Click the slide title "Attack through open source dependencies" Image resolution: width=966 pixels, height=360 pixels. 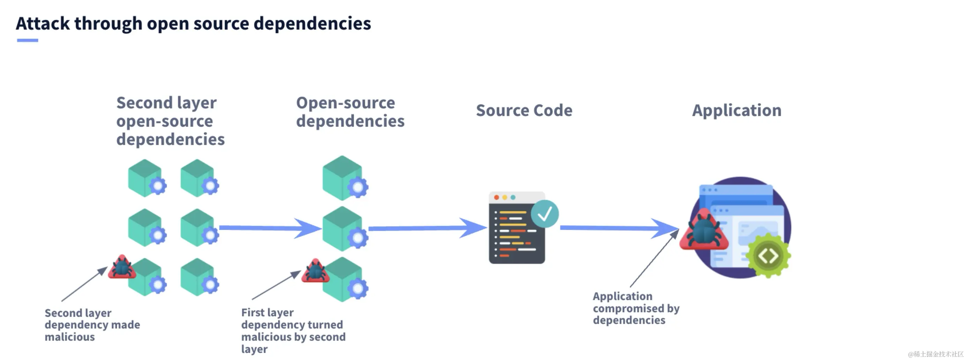coord(194,24)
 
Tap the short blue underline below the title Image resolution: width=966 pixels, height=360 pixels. coord(27,40)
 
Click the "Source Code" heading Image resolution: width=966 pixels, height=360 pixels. coord(524,110)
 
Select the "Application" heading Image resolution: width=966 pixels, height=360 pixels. coord(737,111)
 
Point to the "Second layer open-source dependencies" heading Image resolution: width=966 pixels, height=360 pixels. coord(170,121)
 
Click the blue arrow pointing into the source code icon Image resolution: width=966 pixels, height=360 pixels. coord(428,228)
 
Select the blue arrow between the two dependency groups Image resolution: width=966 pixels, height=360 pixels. coord(270,228)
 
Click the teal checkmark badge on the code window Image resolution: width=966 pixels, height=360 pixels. coord(545,214)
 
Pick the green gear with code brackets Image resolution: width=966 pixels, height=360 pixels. coord(768,256)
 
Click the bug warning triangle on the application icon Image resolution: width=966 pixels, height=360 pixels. coord(704,230)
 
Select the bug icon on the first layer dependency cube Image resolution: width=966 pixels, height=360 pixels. coord(315,270)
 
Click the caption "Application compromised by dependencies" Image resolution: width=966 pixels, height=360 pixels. coord(636,308)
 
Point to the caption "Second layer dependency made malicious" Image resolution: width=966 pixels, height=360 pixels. coord(92,325)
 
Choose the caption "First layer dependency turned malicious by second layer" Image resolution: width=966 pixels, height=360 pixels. coord(293,331)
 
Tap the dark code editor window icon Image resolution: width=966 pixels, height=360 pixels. coord(517,228)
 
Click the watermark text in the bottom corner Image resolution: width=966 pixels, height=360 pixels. coord(935,354)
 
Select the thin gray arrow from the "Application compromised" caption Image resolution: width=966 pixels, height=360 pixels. coord(654,258)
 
